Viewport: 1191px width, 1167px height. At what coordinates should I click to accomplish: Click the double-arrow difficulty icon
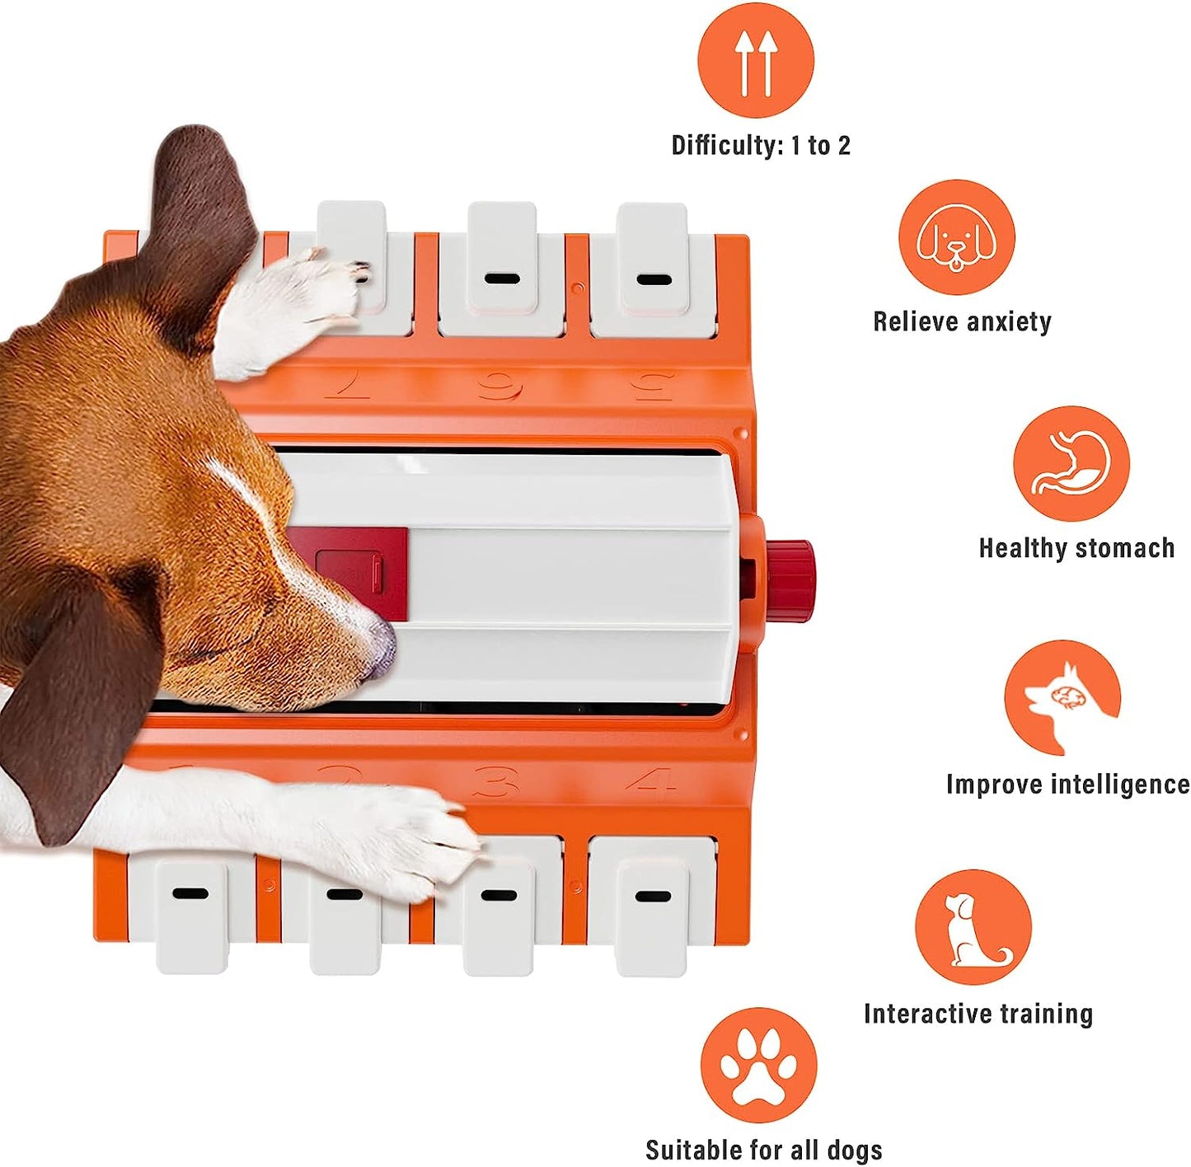click(x=755, y=60)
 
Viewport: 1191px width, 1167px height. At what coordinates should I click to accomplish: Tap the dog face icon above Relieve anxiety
click(x=956, y=237)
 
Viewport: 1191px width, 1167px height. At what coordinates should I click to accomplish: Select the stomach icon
click(x=1071, y=463)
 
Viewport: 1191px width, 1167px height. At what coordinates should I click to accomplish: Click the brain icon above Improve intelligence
click(x=1062, y=698)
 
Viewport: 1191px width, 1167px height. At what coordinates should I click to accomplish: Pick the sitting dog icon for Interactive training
click(x=973, y=927)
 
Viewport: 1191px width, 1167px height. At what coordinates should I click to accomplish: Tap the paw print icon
click(x=758, y=1065)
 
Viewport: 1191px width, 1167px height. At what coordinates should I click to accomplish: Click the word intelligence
click(x=1120, y=785)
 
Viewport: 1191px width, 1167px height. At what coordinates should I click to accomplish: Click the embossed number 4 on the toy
click(x=651, y=780)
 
